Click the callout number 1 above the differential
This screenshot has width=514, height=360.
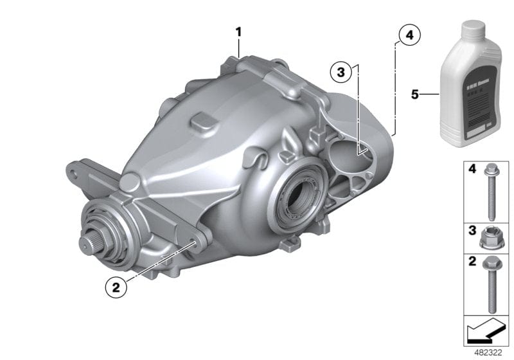click(238, 32)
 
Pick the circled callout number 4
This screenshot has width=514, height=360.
click(409, 35)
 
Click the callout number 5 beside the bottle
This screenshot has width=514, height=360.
click(415, 94)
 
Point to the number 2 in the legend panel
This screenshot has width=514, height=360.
click(471, 262)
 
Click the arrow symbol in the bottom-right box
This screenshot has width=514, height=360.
click(486, 332)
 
